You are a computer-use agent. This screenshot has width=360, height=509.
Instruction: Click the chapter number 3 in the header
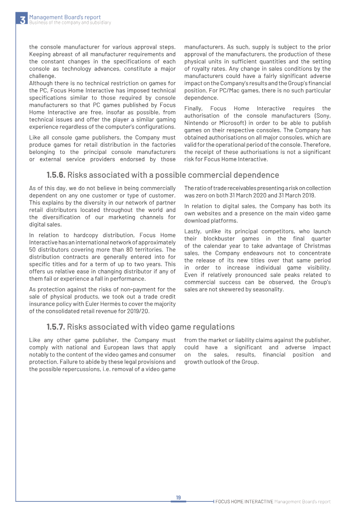click(22, 20)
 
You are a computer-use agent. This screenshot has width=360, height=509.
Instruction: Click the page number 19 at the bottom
click(178, 497)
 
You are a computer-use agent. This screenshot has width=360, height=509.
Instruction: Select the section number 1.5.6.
click(56, 175)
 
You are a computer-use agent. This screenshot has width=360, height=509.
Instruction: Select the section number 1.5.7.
click(56, 327)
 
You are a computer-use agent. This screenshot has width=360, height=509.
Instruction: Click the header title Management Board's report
click(65, 17)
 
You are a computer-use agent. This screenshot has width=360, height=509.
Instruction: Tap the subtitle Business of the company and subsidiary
click(70, 23)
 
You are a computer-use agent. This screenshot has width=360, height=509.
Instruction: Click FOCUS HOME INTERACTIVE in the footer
click(244, 501)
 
